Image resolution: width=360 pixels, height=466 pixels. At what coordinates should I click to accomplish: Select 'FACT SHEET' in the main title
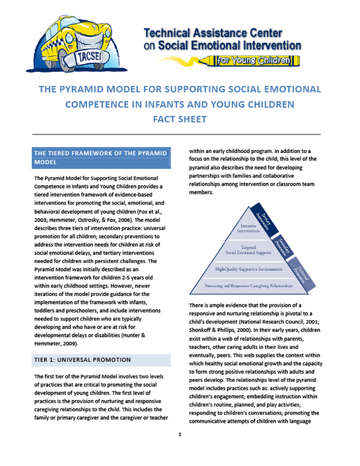click(x=180, y=119)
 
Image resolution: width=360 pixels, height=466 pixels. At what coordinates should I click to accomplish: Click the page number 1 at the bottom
click(x=179, y=433)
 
